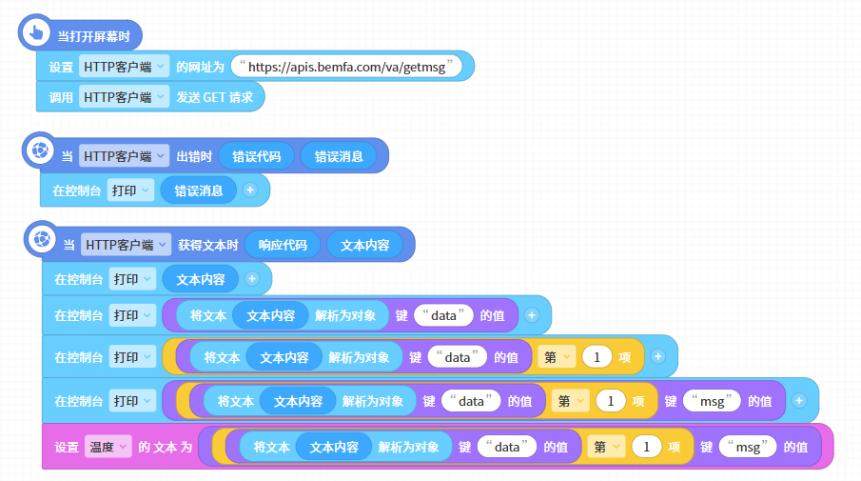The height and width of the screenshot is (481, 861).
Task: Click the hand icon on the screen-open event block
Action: coord(36,33)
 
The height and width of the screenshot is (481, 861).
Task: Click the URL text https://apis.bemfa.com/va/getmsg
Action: coord(346,67)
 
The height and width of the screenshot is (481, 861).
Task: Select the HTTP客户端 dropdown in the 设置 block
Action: coord(124,67)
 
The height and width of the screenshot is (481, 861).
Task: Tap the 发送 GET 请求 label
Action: coord(214,97)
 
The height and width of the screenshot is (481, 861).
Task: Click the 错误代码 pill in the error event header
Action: coord(257,156)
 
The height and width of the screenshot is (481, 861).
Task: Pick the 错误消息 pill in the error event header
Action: coord(339,156)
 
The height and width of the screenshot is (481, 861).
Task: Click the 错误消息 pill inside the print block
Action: coord(199,190)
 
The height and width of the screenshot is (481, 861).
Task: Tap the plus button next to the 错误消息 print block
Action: coord(250,190)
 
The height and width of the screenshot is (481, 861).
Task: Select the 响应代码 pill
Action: coord(283,245)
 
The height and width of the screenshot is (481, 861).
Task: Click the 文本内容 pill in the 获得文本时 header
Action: coord(364,245)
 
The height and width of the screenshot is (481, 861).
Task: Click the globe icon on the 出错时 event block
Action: coord(40,150)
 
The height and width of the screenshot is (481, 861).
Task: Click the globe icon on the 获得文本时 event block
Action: coord(42,239)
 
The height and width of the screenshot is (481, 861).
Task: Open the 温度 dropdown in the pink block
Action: coord(108,447)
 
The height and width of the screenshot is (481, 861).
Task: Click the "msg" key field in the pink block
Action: coord(748,447)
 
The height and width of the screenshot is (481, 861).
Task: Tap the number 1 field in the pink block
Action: coord(646,447)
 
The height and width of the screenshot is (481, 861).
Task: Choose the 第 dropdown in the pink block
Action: coord(606,447)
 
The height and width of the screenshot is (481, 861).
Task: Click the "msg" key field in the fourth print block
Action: coord(712,401)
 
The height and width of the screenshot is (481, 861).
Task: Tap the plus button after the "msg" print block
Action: coord(799,401)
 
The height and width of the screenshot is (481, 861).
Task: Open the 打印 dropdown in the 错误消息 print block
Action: coord(130,190)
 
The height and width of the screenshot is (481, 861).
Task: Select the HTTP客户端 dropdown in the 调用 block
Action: coord(124,97)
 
